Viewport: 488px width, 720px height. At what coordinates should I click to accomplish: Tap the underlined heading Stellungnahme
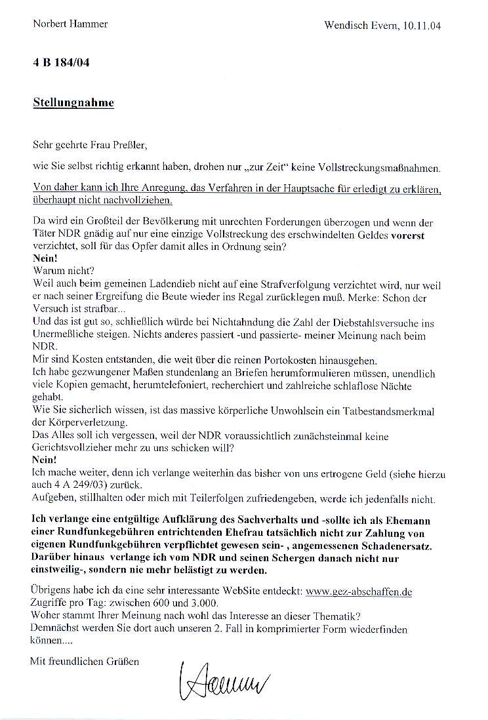(x=73, y=102)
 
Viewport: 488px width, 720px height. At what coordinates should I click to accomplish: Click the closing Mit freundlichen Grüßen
(x=85, y=662)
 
